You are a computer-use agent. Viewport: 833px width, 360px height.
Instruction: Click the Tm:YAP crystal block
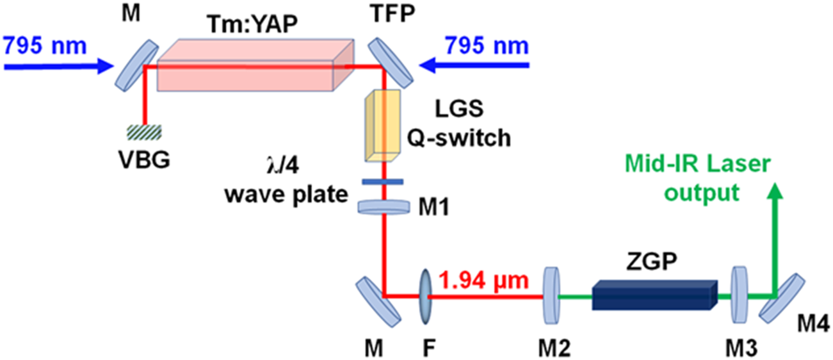click(x=253, y=67)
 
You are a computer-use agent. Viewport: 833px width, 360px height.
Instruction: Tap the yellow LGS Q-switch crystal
click(x=382, y=125)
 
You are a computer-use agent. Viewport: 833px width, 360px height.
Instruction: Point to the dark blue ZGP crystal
click(x=653, y=296)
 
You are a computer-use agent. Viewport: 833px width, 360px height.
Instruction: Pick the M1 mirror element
click(x=383, y=207)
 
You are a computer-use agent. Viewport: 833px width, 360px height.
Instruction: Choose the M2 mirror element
click(x=551, y=296)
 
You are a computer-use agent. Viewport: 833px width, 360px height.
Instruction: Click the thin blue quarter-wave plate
click(x=382, y=182)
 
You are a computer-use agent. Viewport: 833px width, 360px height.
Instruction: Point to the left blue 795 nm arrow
click(x=54, y=65)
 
